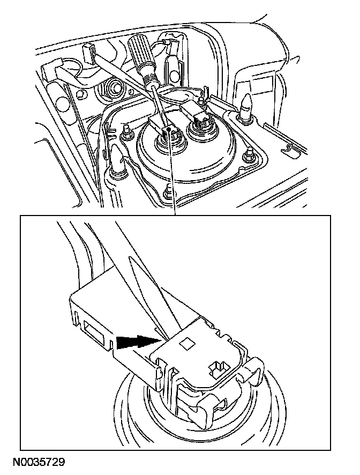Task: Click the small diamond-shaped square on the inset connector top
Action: pos(186,343)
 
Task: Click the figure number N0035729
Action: pos(39,463)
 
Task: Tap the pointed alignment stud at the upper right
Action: pos(246,104)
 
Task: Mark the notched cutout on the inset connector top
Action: pos(217,367)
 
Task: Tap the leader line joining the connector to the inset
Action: pos(172,173)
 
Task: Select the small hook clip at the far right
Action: pos(288,147)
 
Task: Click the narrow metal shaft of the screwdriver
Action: pos(161,106)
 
